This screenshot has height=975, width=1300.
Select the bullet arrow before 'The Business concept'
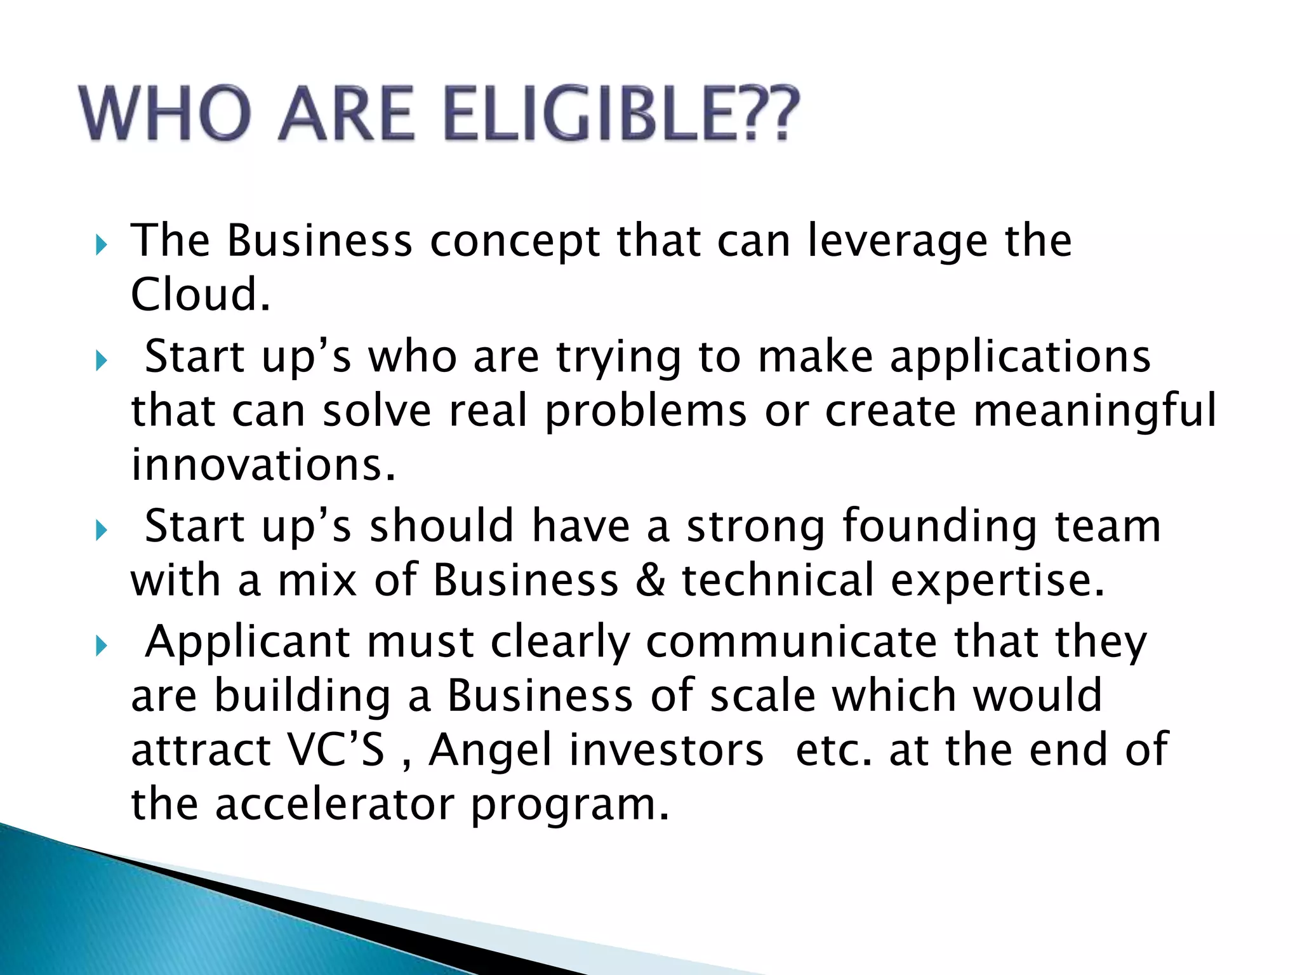tap(101, 244)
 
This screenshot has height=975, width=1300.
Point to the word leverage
tap(898, 242)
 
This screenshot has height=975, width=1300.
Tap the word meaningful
tap(1094, 410)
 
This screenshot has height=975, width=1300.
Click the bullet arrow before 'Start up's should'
tap(101, 530)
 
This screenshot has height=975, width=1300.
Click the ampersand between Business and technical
tap(650, 580)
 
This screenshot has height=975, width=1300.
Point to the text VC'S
tap(336, 750)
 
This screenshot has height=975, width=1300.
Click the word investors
tap(667, 750)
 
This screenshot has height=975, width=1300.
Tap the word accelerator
tap(335, 804)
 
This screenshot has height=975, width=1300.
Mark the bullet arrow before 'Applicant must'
tap(101, 646)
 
